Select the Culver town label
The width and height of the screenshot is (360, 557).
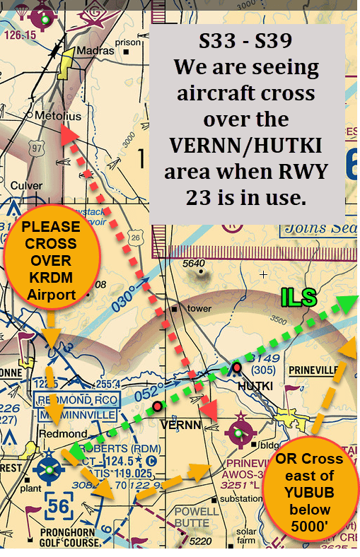click(x=27, y=185)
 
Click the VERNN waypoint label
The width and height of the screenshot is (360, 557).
click(x=181, y=425)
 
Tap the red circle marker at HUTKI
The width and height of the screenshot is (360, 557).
click(x=237, y=367)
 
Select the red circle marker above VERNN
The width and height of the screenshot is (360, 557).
click(x=157, y=406)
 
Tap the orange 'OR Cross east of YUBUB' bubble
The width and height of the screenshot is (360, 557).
click(x=309, y=493)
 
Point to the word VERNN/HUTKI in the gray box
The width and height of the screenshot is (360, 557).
click(x=246, y=146)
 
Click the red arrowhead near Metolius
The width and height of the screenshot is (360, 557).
click(x=67, y=134)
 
